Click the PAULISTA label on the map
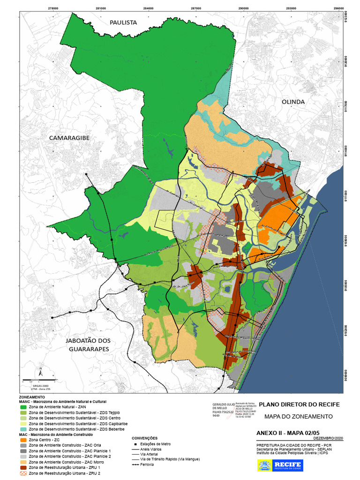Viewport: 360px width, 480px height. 123,22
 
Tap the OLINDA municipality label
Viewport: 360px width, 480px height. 293,102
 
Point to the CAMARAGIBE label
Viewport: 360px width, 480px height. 69,138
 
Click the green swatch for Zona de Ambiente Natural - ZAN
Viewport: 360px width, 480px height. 22,407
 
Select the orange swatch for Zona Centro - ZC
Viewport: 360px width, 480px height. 22,440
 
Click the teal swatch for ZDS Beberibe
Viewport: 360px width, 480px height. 22,429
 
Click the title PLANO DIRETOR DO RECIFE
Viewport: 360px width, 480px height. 299,405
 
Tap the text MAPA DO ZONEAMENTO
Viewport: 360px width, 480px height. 298,416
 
